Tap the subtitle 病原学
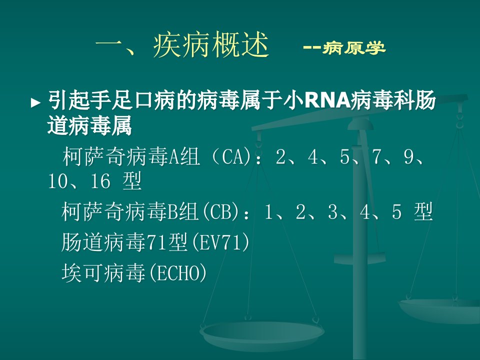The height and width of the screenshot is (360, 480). (x=353, y=48)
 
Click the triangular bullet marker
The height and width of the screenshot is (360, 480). (x=35, y=102)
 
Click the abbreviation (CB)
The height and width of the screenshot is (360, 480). (x=220, y=211)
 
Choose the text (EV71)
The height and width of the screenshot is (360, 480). (x=220, y=242)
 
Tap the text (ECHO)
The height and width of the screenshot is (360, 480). (x=176, y=273)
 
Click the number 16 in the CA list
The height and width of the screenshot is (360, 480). (x=100, y=180)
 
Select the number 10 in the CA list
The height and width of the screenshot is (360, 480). (x=57, y=180)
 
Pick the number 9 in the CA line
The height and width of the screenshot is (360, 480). (x=409, y=156)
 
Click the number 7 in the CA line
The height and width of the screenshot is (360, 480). (x=377, y=156)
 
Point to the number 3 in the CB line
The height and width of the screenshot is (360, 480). (x=333, y=211)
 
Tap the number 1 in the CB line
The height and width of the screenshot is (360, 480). (x=268, y=211)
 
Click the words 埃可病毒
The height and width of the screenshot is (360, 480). (x=103, y=273)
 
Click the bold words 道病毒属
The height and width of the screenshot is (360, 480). (x=89, y=125)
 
